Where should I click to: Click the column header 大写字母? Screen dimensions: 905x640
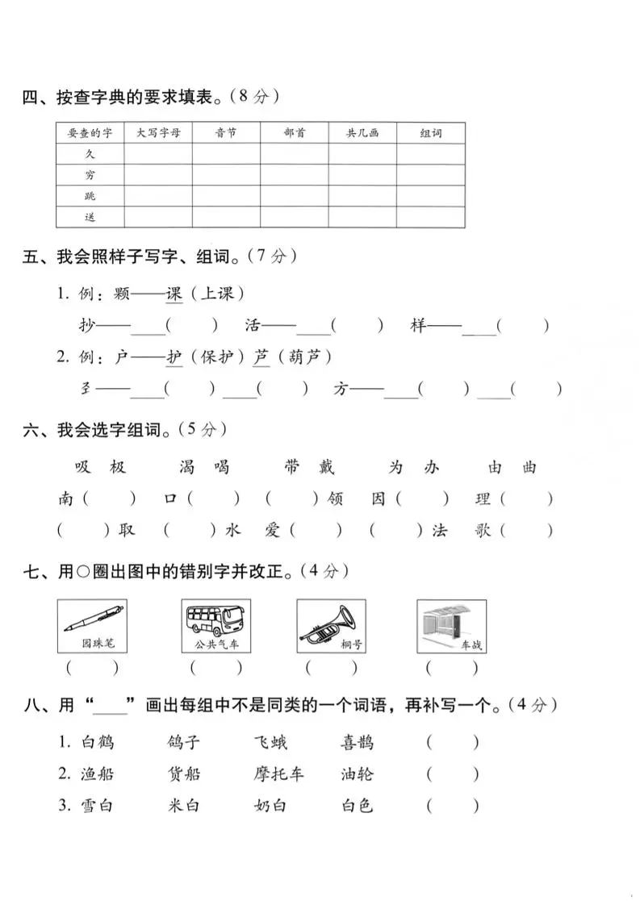click(157, 133)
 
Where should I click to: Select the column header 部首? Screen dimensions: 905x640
click(295, 133)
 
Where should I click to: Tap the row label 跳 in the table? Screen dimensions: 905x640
click(90, 196)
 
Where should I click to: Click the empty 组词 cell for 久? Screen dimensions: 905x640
click(430, 154)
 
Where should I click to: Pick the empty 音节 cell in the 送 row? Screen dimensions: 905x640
click(226, 217)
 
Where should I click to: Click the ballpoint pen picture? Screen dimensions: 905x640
click(92, 620)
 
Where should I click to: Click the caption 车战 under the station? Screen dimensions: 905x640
click(471, 645)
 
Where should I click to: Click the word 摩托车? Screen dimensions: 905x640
click(278, 774)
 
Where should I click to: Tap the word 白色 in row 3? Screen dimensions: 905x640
click(358, 805)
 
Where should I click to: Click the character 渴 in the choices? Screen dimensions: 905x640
click(186, 468)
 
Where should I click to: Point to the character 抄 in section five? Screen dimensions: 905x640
click(83, 326)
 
